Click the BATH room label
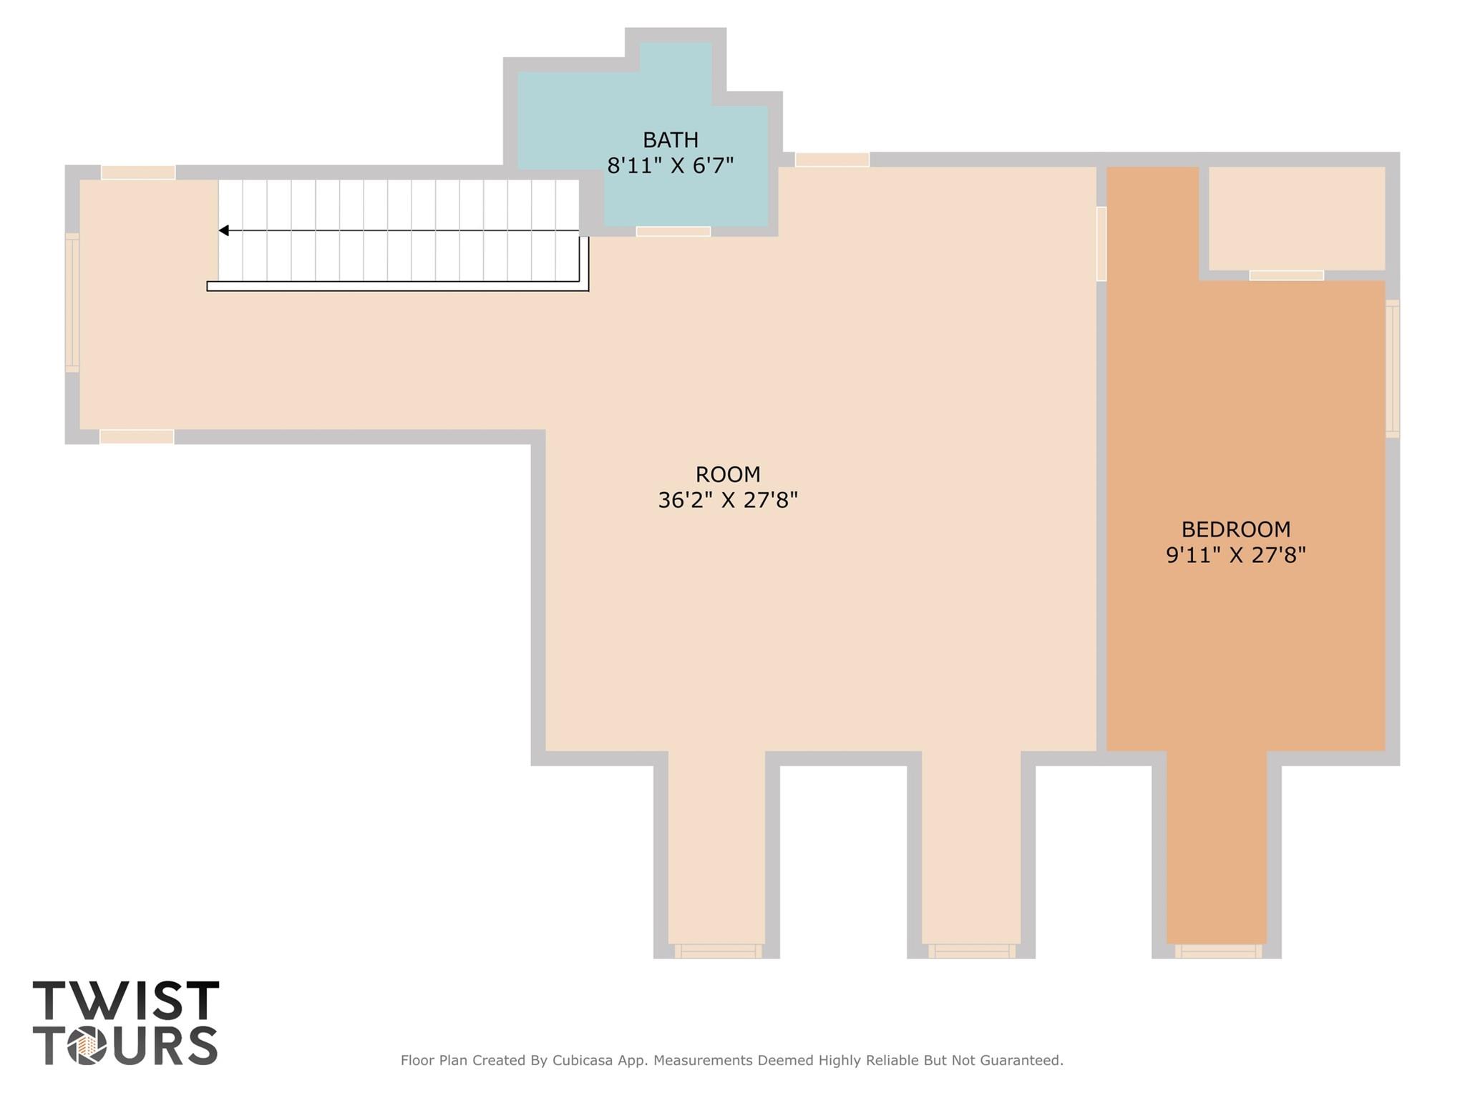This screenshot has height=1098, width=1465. tap(670, 139)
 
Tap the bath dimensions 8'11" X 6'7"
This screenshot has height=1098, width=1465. tap(670, 166)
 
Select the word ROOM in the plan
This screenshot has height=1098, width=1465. tap(727, 474)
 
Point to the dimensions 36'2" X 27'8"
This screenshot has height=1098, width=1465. tap(727, 500)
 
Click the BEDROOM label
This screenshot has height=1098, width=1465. tap(1235, 529)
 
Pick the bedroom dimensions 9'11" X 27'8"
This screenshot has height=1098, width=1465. tap(1235, 555)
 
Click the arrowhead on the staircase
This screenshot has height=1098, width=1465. tap(224, 230)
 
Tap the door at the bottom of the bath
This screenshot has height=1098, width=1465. tap(673, 231)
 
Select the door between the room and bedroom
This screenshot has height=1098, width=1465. tap(1101, 244)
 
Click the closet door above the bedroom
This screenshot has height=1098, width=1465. tap(1286, 275)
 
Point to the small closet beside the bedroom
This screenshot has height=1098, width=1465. tap(1296, 218)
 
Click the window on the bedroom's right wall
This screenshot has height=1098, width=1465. tap(1392, 368)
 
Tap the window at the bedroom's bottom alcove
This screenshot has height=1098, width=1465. tap(1217, 951)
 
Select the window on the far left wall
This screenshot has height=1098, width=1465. tap(72, 302)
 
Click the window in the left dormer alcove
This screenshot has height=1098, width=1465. tap(718, 951)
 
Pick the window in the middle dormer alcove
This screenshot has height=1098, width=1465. tap(971, 951)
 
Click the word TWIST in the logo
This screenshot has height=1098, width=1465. tap(126, 1001)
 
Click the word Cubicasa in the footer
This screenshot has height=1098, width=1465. tap(582, 1060)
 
